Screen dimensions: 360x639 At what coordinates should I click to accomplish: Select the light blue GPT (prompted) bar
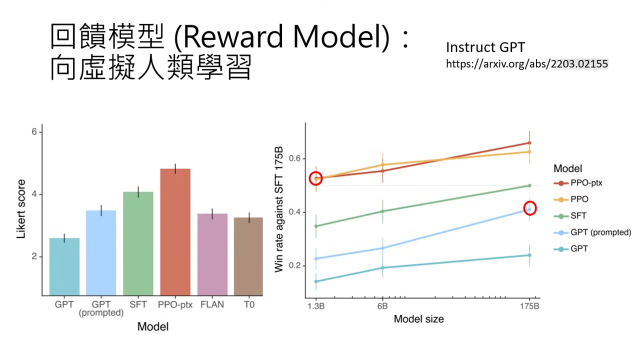101,252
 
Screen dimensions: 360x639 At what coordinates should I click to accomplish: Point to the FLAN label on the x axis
212,304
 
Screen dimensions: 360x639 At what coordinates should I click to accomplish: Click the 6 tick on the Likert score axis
34,132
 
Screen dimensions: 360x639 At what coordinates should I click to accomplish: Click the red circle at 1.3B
316,178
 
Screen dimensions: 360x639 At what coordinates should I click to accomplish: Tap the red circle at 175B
529,208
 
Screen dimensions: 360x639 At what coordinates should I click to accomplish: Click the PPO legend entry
579,199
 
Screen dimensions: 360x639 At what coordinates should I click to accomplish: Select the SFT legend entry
578,216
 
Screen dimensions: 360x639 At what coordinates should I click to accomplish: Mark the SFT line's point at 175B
529,185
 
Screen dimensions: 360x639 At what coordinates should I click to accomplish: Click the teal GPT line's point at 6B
382,267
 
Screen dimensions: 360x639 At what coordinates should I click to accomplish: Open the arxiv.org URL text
526,64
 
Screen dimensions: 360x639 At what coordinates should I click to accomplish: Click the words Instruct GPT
485,47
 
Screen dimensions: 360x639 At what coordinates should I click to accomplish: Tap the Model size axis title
418,319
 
